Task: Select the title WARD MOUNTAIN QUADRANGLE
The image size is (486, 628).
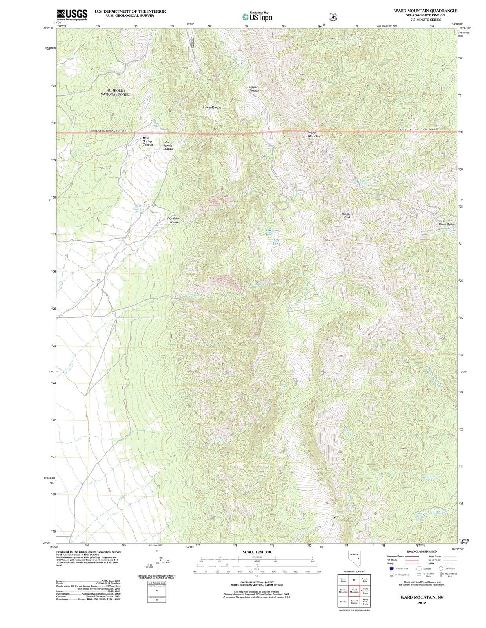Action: pos(426,11)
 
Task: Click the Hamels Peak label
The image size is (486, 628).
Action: pos(345,215)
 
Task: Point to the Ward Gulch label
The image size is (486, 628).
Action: pos(446,224)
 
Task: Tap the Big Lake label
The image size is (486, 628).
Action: pos(277,241)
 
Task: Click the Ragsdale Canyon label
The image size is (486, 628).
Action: pos(173,220)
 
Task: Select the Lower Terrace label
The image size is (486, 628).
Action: pos(212,108)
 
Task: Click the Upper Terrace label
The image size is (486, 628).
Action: pos(254,89)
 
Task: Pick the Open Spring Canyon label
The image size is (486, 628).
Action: pos(168,146)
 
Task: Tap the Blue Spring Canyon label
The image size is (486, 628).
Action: pos(148,141)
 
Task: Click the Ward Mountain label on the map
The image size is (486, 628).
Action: pos(314,134)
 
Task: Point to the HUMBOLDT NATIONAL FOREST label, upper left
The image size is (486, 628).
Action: pos(116,93)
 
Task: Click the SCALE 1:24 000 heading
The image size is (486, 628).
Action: pos(257,552)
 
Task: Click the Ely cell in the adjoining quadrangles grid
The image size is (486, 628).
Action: pos(354,580)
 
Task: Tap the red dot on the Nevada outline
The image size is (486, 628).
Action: pos(358,559)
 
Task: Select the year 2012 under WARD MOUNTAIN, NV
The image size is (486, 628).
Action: pos(422,602)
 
